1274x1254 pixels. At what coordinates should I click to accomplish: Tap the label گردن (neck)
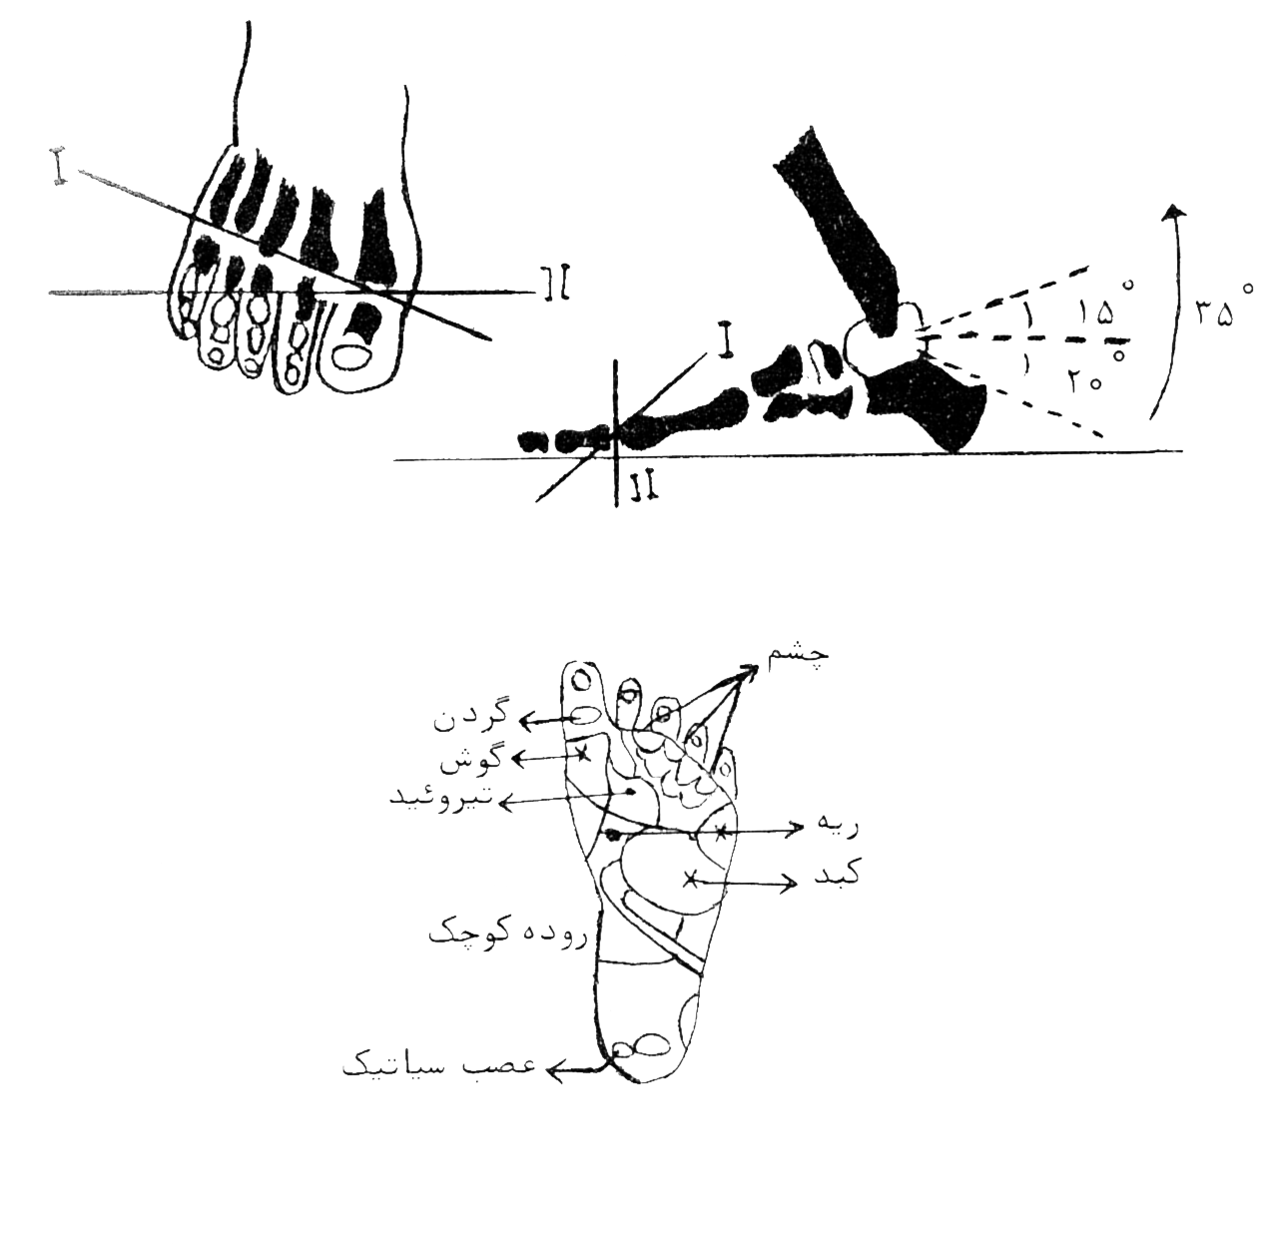click(x=470, y=716)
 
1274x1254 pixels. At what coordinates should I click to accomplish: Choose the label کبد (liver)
click(x=835, y=875)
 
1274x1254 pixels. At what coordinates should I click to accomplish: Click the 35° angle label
click(x=1223, y=309)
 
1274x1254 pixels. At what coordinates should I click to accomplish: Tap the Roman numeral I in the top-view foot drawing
click(x=60, y=166)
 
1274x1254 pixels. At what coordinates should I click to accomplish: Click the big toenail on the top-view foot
click(x=353, y=357)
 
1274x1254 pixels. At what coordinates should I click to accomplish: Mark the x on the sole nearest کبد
click(x=689, y=879)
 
